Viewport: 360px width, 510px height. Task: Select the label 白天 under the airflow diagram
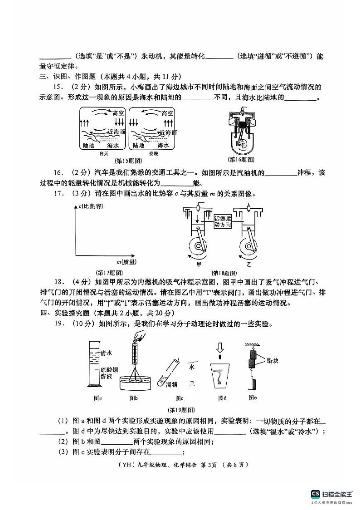point(104,154)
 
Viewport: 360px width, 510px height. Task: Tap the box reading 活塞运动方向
point(223,221)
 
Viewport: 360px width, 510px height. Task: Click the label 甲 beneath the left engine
point(198,264)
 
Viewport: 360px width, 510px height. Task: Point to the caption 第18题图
point(223,273)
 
